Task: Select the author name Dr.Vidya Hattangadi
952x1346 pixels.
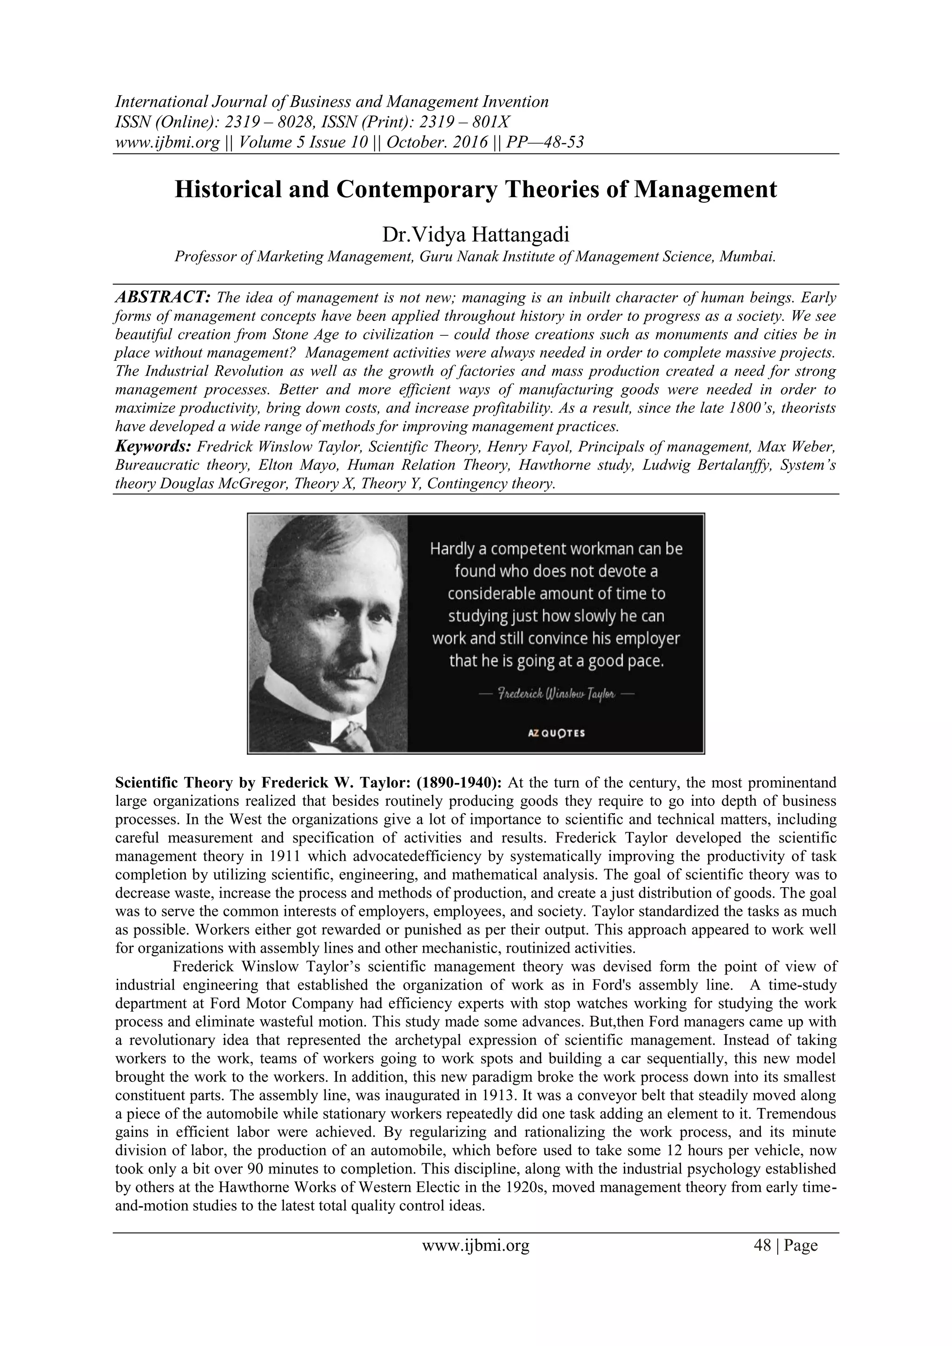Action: click(476, 235)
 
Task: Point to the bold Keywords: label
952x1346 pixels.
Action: click(152, 447)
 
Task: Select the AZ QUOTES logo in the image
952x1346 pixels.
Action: click(556, 733)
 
